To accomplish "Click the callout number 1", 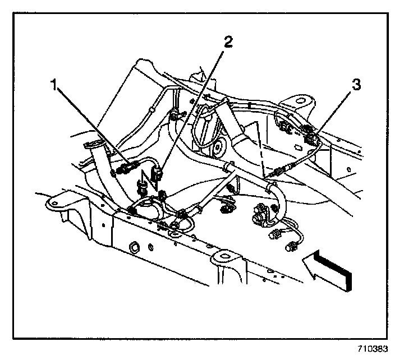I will (x=54, y=86).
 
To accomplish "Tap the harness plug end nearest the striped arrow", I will (x=291, y=246).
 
